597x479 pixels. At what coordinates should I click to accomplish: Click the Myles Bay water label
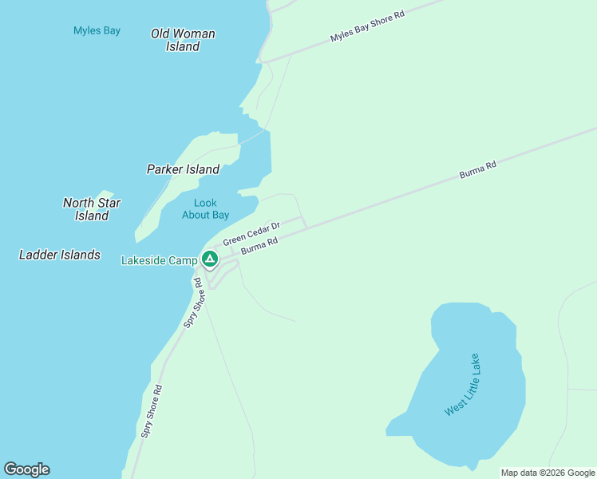97,31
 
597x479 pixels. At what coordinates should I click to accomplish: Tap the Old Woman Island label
183,40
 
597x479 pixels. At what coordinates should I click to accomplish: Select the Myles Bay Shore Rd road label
367,26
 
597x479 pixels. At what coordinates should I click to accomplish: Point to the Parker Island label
183,169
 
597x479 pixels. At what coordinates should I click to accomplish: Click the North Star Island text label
92,209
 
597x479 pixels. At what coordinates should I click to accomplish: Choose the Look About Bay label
205,209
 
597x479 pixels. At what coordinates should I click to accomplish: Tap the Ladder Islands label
60,255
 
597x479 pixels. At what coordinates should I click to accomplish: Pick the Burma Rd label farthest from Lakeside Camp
478,170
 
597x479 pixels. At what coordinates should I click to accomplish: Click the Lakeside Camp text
159,260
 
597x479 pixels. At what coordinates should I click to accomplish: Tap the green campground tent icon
209,259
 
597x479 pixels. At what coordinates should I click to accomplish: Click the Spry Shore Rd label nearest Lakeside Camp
192,303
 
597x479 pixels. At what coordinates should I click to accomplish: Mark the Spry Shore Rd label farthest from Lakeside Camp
152,411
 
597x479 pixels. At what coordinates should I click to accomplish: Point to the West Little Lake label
464,384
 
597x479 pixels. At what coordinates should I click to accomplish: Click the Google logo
26,469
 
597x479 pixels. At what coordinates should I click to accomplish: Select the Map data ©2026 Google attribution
548,473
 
